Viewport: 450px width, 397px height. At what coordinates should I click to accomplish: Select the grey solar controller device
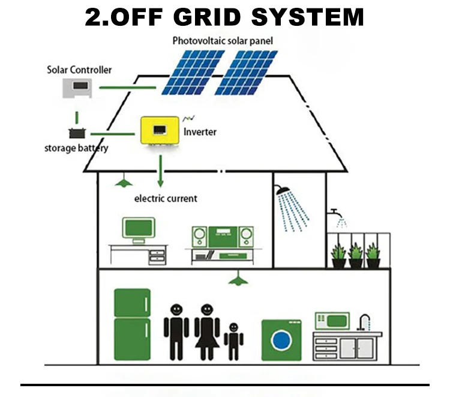click(77, 88)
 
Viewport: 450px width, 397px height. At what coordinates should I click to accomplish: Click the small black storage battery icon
click(76, 133)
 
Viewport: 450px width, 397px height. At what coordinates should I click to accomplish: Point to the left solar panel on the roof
click(192, 72)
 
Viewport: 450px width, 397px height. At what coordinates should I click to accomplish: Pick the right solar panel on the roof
click(247, 72)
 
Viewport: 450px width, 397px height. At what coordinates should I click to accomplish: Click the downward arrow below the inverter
click(161, 171)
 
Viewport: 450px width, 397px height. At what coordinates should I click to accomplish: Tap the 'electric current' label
click(165, 198)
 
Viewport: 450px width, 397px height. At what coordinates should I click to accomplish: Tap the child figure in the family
click(233, 341)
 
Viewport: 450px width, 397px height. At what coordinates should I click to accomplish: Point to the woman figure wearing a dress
click(207, 330)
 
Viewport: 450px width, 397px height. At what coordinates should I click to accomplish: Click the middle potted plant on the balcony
click(356, 255)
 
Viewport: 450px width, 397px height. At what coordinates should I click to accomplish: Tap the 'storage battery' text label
click(76, 148)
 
